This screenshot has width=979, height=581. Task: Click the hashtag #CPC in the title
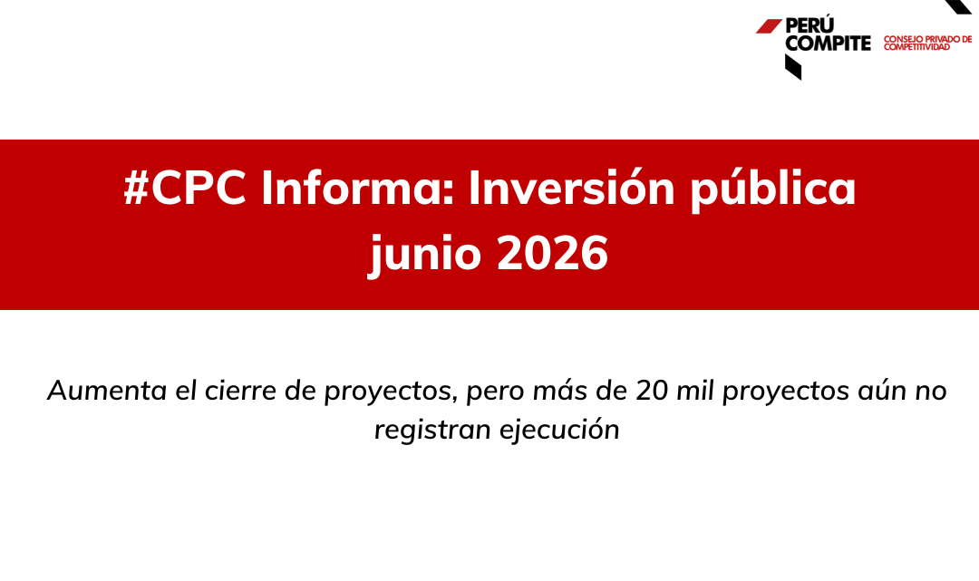185,188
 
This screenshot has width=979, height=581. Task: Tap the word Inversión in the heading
572,188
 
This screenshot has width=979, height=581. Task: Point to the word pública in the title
772,189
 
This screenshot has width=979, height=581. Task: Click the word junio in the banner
425,255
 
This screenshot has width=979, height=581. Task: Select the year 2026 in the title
552,253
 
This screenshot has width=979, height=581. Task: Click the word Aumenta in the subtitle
107,391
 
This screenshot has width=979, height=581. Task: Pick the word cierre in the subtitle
240,391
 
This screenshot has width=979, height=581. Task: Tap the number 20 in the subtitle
653,391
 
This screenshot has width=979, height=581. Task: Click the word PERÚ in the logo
809,25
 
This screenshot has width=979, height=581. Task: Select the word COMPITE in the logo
828,44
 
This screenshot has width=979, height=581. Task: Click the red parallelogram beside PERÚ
769,26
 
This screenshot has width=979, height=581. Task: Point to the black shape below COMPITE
793,67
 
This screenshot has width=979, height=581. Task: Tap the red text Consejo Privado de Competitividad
928,44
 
